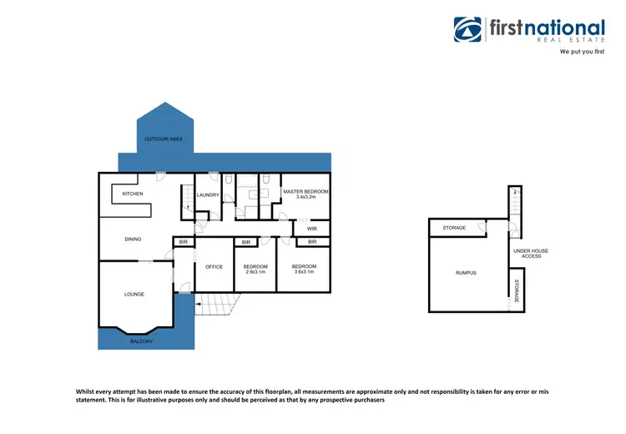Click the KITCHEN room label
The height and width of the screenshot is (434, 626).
pyautogui.click(x=133, y=194)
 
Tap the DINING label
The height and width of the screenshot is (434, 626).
pyautogui.click(x=133, y=240)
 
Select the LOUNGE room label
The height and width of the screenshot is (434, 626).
pyautogui.click(x=134, y=294)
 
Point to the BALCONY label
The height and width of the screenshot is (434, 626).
pyautogui.click(x=141, y=341)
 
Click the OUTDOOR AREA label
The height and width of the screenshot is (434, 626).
pyautogui.click(x=164, y=139)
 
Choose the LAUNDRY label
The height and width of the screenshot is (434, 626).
pyautogui.click(x=208, y=195)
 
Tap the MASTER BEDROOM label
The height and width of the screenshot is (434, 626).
pyautogui.click(x=305, y=192)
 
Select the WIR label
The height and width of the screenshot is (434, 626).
pyautogui.click(x=311, y=227)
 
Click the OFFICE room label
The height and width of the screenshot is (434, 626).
pyautogui.click(x=215, y=266)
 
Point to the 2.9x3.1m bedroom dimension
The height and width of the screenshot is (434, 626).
pyautogui.click(x=254, y=273)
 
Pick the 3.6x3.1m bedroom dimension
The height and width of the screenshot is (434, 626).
pyautogui.click(x=303, y=273)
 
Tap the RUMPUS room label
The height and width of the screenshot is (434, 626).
pyautogui.click(x=466, y=273)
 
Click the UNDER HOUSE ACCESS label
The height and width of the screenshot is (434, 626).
pyautogui.click(x=531, y=253)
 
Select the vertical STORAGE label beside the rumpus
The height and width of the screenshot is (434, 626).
pyautogui.click(x=517, y=290)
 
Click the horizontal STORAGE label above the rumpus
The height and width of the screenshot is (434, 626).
pyautogui.click(x=454, y=227)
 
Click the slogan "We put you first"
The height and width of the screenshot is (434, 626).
pyautogui.click(x=581, y=52)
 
